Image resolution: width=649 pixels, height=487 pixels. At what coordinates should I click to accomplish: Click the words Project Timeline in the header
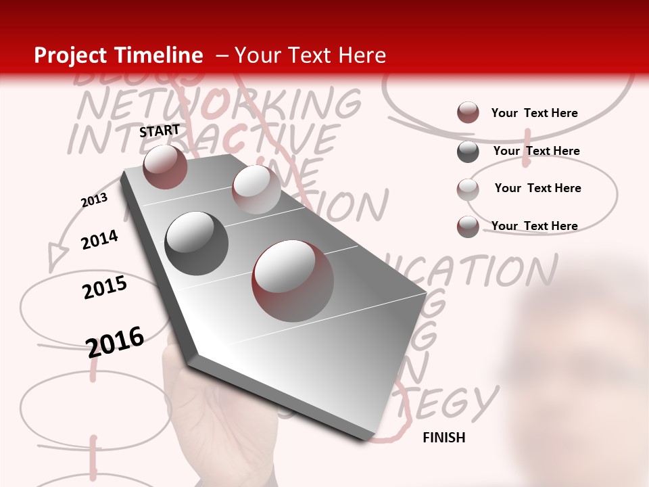pyautogui.click(x=118, y=55)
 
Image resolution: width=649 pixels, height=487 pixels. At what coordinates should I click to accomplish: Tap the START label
pyautogui.click(x=160, y=131)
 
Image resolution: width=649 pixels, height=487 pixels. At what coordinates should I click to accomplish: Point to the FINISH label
pyautogui.click(x=444, y=438)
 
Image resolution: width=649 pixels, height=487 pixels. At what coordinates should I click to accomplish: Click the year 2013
pyautogui.click(x=94, y=200)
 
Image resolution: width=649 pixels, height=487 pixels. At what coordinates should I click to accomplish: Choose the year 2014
pyautogui.click(x=99, y=239)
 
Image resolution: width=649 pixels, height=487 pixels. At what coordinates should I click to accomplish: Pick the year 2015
pyautogui.click(x=105, y=287)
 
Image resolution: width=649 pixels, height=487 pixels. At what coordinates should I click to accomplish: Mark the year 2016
pyautogui.click(x=116, y=341)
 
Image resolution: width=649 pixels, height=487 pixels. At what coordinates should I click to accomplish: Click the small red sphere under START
pyautogui.click(x=166, y=166)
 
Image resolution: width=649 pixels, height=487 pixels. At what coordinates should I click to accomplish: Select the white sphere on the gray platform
pyautogui.click(x=256, y=189)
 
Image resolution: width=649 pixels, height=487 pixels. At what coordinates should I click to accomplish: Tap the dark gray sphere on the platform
pyautogui.click(x=197, y=243)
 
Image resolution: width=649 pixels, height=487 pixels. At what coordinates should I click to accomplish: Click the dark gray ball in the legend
pyautogui.click(x=468, y=152)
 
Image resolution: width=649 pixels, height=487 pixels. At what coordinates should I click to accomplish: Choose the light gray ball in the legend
pyautogui.click(x=468, y=189)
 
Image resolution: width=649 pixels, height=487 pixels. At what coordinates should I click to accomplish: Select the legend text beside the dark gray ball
pyautogui.click(x=536, y=151)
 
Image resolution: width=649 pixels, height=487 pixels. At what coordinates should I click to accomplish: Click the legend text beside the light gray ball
pyautogui.click(x=537, y=188)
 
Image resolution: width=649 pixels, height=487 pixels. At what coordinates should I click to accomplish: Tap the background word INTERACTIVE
pyautogui.click(x=203, y=139)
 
